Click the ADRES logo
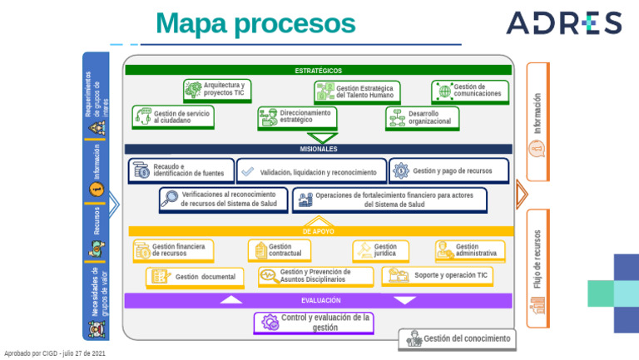tap(563, 23)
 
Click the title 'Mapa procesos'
tap(255, 23)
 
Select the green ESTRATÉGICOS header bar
tap(318, 71)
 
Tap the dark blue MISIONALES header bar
tap(318, 149)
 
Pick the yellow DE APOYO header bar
tap(318, 230)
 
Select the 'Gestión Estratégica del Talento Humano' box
tap(357, 92)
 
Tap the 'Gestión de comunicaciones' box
tap(468, 91)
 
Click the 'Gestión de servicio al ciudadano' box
tap(172, 117)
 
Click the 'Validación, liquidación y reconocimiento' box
tap(311, 171)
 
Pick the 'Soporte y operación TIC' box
tap(437, 275)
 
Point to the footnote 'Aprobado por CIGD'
tap(55, 353)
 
